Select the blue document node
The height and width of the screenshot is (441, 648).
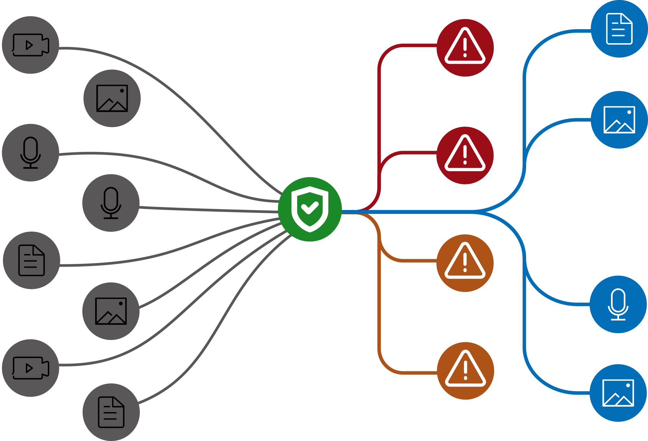(619, 29)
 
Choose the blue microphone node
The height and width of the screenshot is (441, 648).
(618, 304)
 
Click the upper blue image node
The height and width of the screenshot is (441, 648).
(619, 120)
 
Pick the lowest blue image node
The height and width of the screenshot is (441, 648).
(618, 393)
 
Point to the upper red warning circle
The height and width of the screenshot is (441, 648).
(465, 48)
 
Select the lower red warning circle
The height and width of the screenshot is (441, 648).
(465, 156)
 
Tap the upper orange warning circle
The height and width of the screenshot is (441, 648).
(465, 263)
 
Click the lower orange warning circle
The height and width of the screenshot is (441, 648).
(465, 371)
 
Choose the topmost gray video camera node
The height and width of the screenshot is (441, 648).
(30, 45)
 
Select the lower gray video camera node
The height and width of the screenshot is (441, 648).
(30, 368)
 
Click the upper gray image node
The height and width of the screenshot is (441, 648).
(112, 98)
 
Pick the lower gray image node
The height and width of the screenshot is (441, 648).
(111, 311)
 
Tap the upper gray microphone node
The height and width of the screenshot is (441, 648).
(30, 153)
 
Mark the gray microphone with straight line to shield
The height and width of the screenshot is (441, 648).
(111, 203)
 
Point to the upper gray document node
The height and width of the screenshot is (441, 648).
(31, 260)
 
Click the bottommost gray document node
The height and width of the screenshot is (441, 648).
(111, 412)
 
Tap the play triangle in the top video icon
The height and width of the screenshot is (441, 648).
(29, 45)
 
